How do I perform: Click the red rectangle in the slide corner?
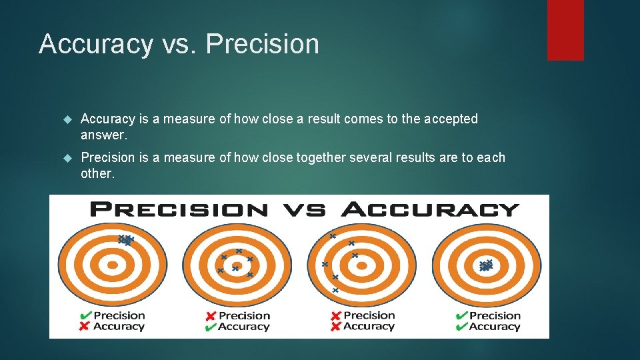[565, 30]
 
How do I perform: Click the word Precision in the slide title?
[263, 44]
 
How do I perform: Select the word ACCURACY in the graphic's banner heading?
[430, 209]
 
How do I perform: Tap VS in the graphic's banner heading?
[305, 209]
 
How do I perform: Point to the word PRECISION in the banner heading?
[179, 209]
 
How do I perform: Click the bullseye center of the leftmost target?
[112, 265]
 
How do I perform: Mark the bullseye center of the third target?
[361, 265]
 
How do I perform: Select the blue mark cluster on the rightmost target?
[486, 265]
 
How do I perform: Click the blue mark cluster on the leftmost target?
[125, 240]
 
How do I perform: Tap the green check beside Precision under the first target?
[85, 315]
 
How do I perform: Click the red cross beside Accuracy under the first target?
[85, 327]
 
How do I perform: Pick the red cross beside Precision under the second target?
[210, 315]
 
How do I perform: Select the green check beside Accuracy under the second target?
[210, 327]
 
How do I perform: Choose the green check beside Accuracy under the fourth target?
[461, 327]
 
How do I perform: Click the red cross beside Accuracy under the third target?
[335, 327]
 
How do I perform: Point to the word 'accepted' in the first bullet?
[451, 119]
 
